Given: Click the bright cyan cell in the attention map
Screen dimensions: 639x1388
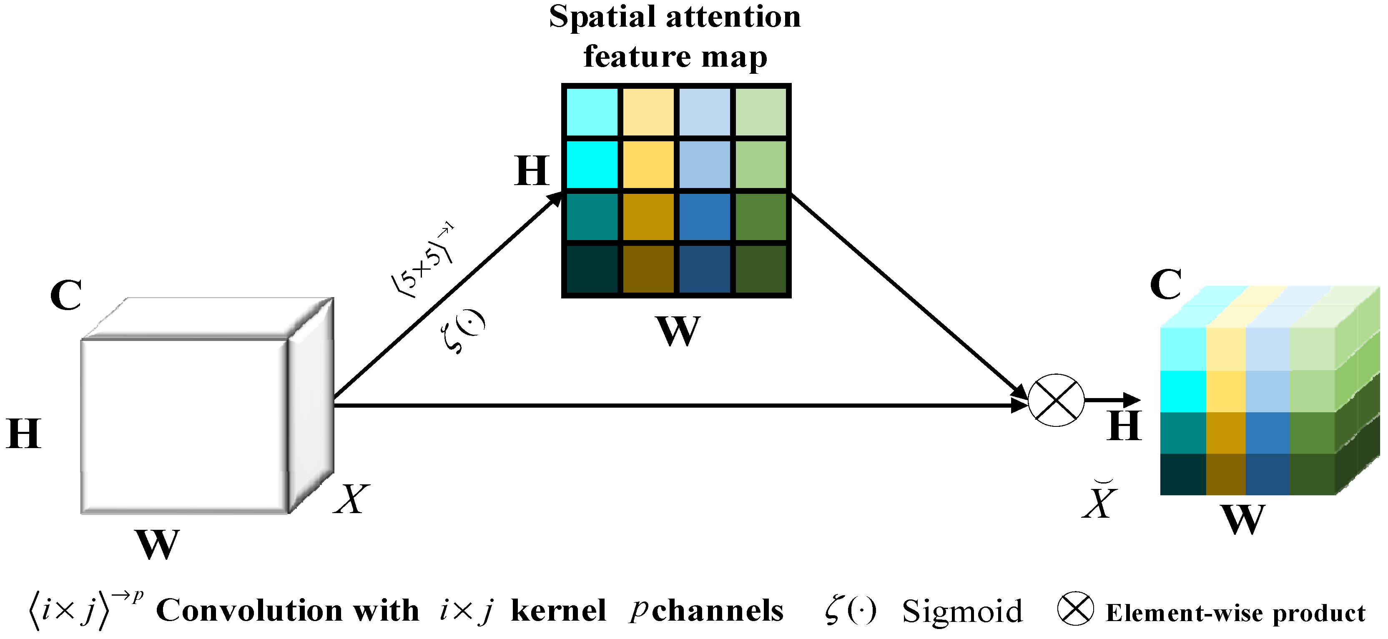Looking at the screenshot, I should [x=592, y=164].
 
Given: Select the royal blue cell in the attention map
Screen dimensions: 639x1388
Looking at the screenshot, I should [x=704, y=217].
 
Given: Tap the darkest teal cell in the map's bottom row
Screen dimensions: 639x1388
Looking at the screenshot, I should [x=592, y=269].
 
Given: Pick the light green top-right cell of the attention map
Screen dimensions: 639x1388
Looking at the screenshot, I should [x=760, y=112].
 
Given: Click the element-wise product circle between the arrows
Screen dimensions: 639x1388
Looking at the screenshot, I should [x=1056, y=400].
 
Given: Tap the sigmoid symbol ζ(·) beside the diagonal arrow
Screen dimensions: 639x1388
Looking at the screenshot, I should [x=464, y=331].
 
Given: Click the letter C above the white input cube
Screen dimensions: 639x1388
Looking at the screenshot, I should [x=66, y=295].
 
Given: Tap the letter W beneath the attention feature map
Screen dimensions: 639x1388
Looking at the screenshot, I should [x=677, y=331].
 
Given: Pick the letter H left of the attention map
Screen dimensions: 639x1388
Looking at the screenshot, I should [x=532, y=171].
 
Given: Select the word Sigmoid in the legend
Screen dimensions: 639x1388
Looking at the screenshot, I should [x=962, y=611].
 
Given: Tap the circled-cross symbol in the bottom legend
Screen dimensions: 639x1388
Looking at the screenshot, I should [x=1075, y=609].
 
